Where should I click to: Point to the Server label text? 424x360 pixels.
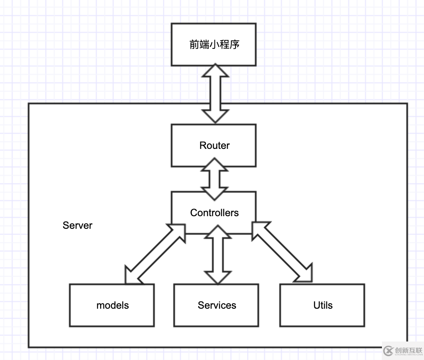point(77,225)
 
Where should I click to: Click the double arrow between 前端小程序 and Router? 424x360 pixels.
point(215,93)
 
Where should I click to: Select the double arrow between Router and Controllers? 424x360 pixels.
point(215,179)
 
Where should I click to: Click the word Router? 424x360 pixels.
point(215,146)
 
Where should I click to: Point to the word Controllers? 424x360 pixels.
point(215,213)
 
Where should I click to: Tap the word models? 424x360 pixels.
point(113,305)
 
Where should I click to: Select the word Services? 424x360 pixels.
point(217,305)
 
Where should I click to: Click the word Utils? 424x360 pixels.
point(323,305)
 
